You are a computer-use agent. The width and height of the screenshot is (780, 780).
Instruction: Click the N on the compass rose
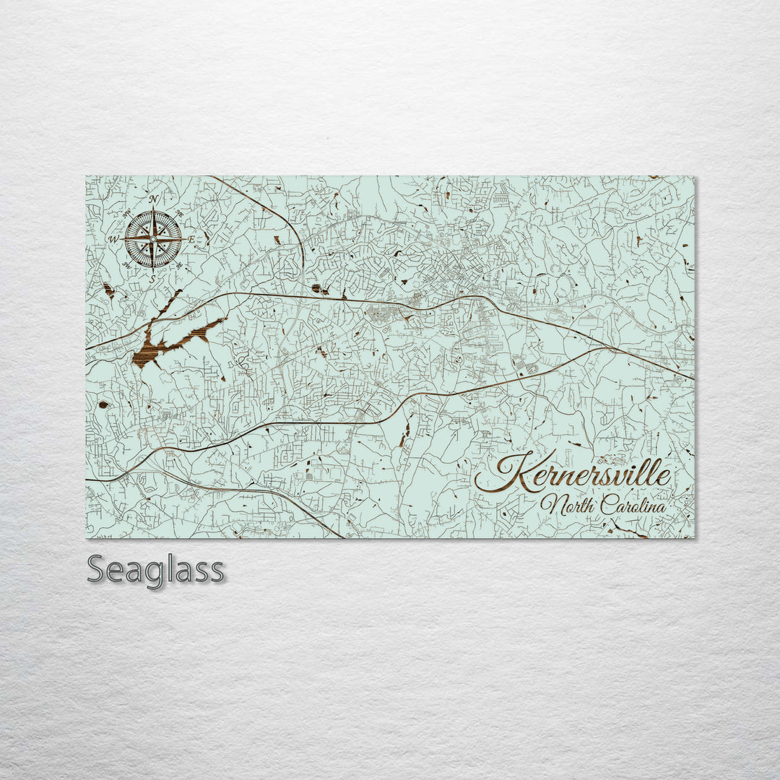click(x=153, y=199)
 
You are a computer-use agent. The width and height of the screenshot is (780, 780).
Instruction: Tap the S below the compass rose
click(x=152, y=278)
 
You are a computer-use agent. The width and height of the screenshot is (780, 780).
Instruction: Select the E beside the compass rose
click(x=191, y=239)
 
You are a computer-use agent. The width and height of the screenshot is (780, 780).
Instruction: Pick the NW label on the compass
click(x=126, y=212)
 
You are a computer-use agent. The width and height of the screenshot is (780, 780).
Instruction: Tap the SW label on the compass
click(x=126, y=266)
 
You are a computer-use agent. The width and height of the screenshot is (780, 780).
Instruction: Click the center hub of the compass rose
click(x=153, y=239)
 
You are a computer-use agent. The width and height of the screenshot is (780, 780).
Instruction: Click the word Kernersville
click(x=574, y=475)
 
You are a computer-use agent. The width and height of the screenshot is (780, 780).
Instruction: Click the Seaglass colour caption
click(x=155, y=570)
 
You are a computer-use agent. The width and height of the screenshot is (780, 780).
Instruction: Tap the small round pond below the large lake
click(x=103, y=404)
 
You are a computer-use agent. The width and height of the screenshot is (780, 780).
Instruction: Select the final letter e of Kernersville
click(x=664, y=477)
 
